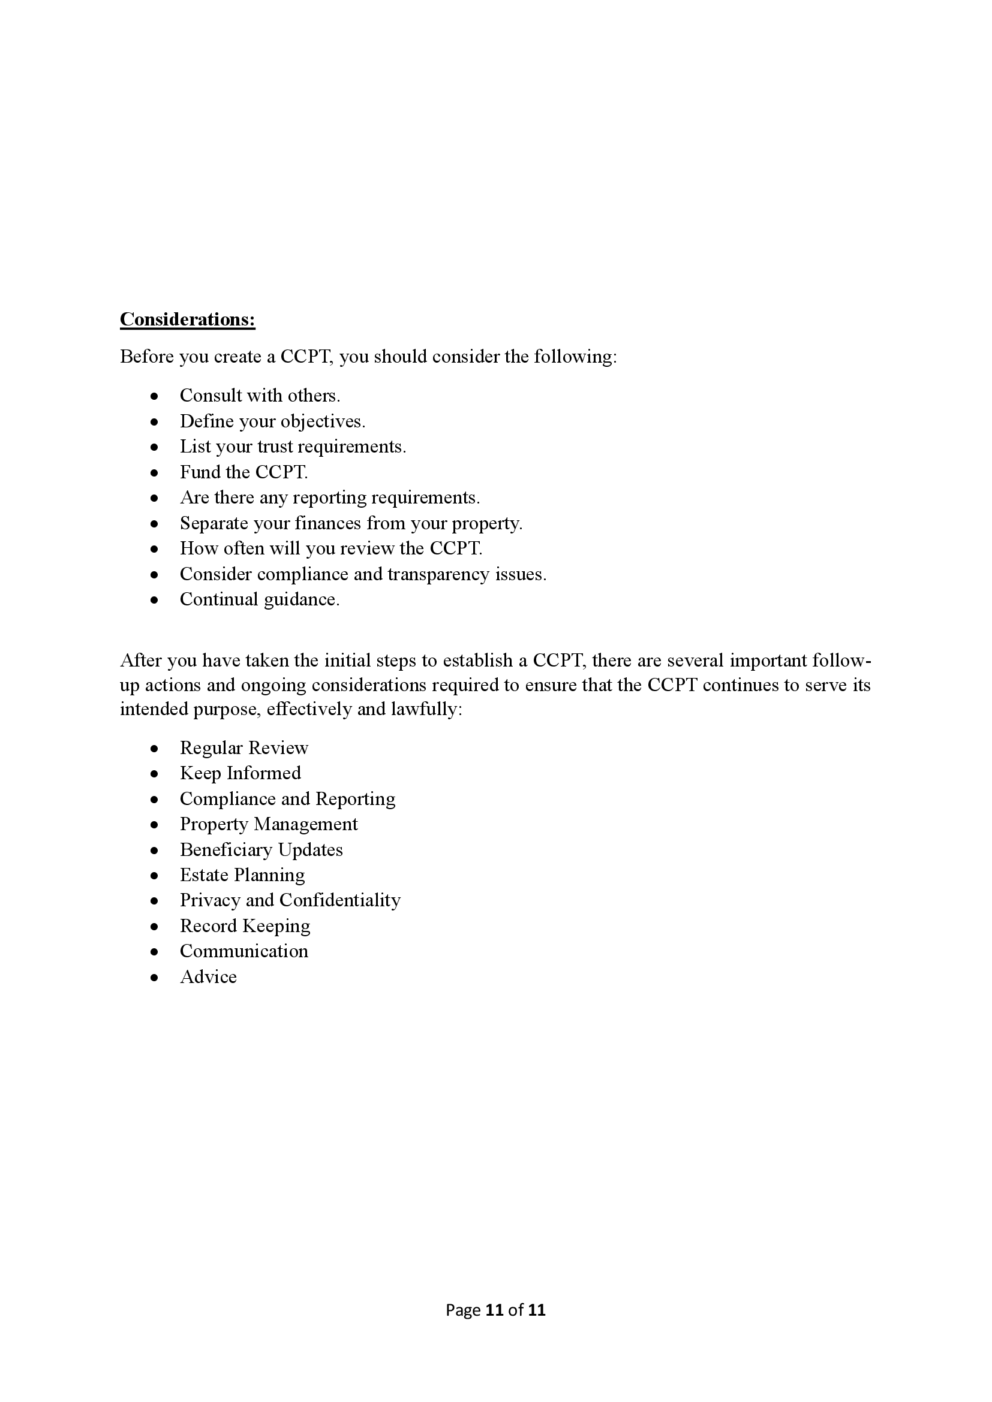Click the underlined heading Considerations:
pos(187,319)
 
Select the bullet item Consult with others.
pos(260,396)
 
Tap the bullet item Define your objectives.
pos(272,421)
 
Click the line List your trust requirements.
pos(293,447)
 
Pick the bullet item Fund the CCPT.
pos(244,472)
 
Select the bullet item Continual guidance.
pos(260,599)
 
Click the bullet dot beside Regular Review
pos(155,749)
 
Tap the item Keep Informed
pos(240,774)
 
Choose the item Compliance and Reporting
pos(287,800)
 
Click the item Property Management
pos(269,824)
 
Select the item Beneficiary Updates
pos(261,850)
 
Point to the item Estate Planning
pos(242,875)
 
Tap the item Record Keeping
pos(245,926)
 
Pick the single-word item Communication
pos(244,951)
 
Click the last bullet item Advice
pos(208,977)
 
